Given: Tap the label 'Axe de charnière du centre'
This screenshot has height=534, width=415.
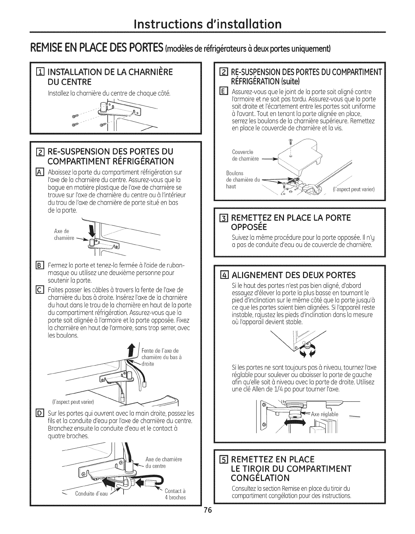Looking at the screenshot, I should pyautogui.click(x=164, y=463).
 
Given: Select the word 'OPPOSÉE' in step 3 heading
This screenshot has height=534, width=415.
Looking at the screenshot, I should pyautogui.click(x=251, y=227).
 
